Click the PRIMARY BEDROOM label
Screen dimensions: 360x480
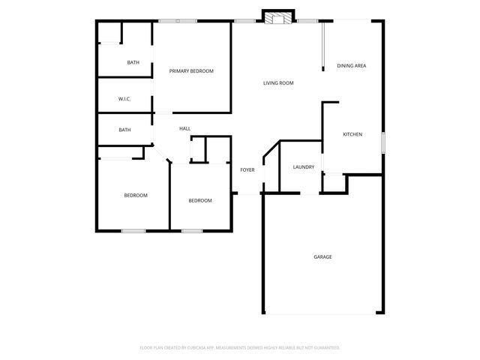coord(191,71)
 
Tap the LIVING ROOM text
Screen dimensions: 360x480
coord(277,83)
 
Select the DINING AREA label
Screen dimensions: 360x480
coord(351,66)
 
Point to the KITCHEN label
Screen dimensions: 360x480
coord(352,134)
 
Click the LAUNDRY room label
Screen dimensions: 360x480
coord(303,167)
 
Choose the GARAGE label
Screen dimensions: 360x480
coord(322,256)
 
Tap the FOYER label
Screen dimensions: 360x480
coord(247,170)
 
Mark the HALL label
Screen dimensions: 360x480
coord(184,129)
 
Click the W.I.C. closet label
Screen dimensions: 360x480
coord(125,99)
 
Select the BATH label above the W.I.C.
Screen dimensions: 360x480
coord(133,63)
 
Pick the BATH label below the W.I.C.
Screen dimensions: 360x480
coord(124,130)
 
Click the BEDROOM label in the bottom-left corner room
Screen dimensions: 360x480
coord(136,196)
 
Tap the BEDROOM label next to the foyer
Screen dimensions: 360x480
coord(199,200)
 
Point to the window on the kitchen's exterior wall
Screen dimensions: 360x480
coord(383,142)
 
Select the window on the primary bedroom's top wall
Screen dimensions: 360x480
coord(178,21)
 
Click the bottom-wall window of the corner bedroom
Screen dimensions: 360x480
coord(133,230)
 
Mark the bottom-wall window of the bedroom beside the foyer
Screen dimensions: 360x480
coord(192,230)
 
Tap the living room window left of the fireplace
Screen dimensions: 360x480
coord(242,21)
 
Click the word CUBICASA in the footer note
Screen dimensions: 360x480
coord(205,348)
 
